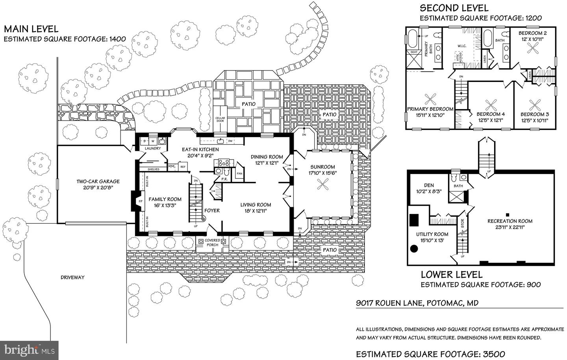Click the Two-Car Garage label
point(98,182)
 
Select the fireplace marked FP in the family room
point(140,201)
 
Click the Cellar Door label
point(220,119)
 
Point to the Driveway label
point(72,277)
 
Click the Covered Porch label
point(212,242)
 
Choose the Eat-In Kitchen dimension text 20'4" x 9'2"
point(200,155)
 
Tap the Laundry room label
point(153,148)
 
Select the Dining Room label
point(267,157)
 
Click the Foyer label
point(212,210)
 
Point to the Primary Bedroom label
point(430,109)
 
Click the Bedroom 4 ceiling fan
point(491,105)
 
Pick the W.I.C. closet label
point(462,46)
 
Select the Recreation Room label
point(510,221)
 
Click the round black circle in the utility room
point(414,249)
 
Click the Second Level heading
point(454,8)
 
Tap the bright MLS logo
point(30,349)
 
